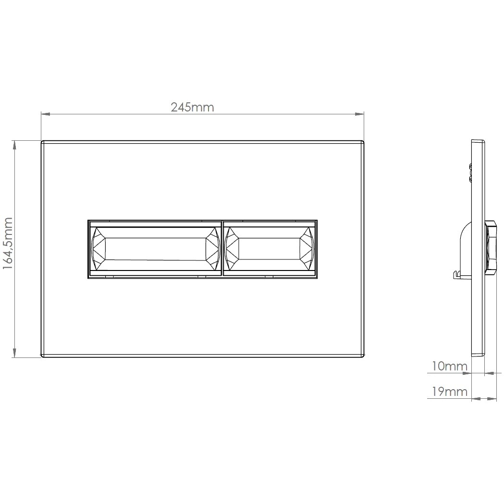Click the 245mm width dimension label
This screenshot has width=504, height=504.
(192, 107)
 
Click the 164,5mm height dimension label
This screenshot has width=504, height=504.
(8, 243)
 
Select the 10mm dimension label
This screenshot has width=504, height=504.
(449, 366)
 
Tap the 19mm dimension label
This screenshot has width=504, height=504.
(449, 392)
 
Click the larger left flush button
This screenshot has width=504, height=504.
(155, 249)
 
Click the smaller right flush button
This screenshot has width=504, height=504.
(270, 249)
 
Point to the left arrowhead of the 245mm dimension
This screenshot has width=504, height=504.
(46, 114)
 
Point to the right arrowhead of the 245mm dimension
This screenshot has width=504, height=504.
(359, 114)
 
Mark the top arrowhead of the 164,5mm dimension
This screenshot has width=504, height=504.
(14, 145)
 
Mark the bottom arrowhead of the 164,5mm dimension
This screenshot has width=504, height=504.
(14, 352)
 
